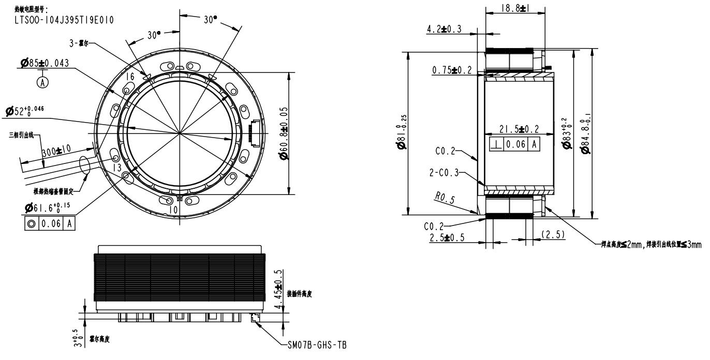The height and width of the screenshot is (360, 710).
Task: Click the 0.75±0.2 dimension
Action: [452, 70]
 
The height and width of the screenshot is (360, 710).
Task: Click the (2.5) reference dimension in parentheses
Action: [553, 234]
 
